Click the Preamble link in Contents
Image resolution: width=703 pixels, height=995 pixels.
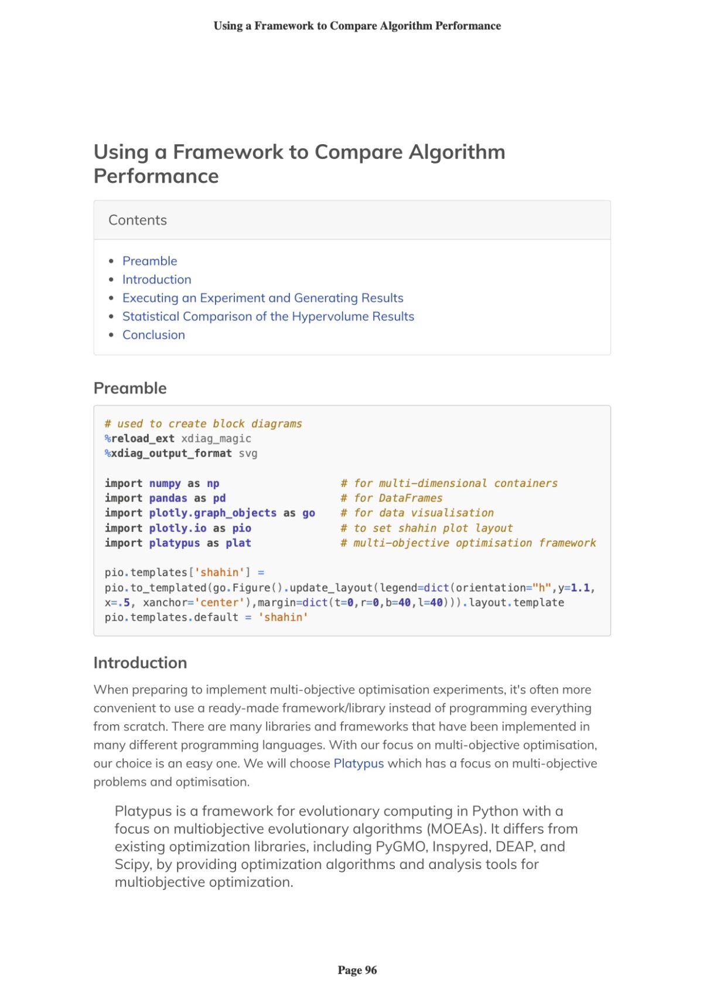(x=149, y=261)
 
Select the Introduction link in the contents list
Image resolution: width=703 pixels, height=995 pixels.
(x=156, y=280)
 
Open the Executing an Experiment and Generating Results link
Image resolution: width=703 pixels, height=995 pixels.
(x=262, y=298)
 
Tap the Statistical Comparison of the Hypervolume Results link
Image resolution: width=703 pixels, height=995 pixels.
(x=268, y=316)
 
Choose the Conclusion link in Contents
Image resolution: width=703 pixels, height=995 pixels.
(x=153, y=335)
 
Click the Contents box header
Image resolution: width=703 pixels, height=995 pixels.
(x=138, y=220)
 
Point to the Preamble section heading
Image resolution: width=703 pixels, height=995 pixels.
(x=130, y=388)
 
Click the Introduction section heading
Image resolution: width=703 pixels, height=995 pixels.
(x=140, y=663)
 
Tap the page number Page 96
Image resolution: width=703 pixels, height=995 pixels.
(x=357, y=970)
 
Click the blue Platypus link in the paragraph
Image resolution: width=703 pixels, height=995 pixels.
(x=359, y=764)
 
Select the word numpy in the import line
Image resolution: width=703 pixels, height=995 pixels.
(x=165, y=483)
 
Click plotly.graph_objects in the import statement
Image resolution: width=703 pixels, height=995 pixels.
(x=213, y=513)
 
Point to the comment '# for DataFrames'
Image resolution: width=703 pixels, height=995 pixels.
(x=391, y=498)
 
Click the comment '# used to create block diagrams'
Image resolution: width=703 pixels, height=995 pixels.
(x=203, y=424)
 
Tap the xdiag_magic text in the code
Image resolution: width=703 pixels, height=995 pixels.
(x=216, y=438)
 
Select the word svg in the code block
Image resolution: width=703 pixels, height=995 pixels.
(x=248, y=454)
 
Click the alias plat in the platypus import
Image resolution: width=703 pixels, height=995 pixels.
(x=238, y=543)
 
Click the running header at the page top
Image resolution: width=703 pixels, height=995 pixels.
(x=357, y=26)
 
